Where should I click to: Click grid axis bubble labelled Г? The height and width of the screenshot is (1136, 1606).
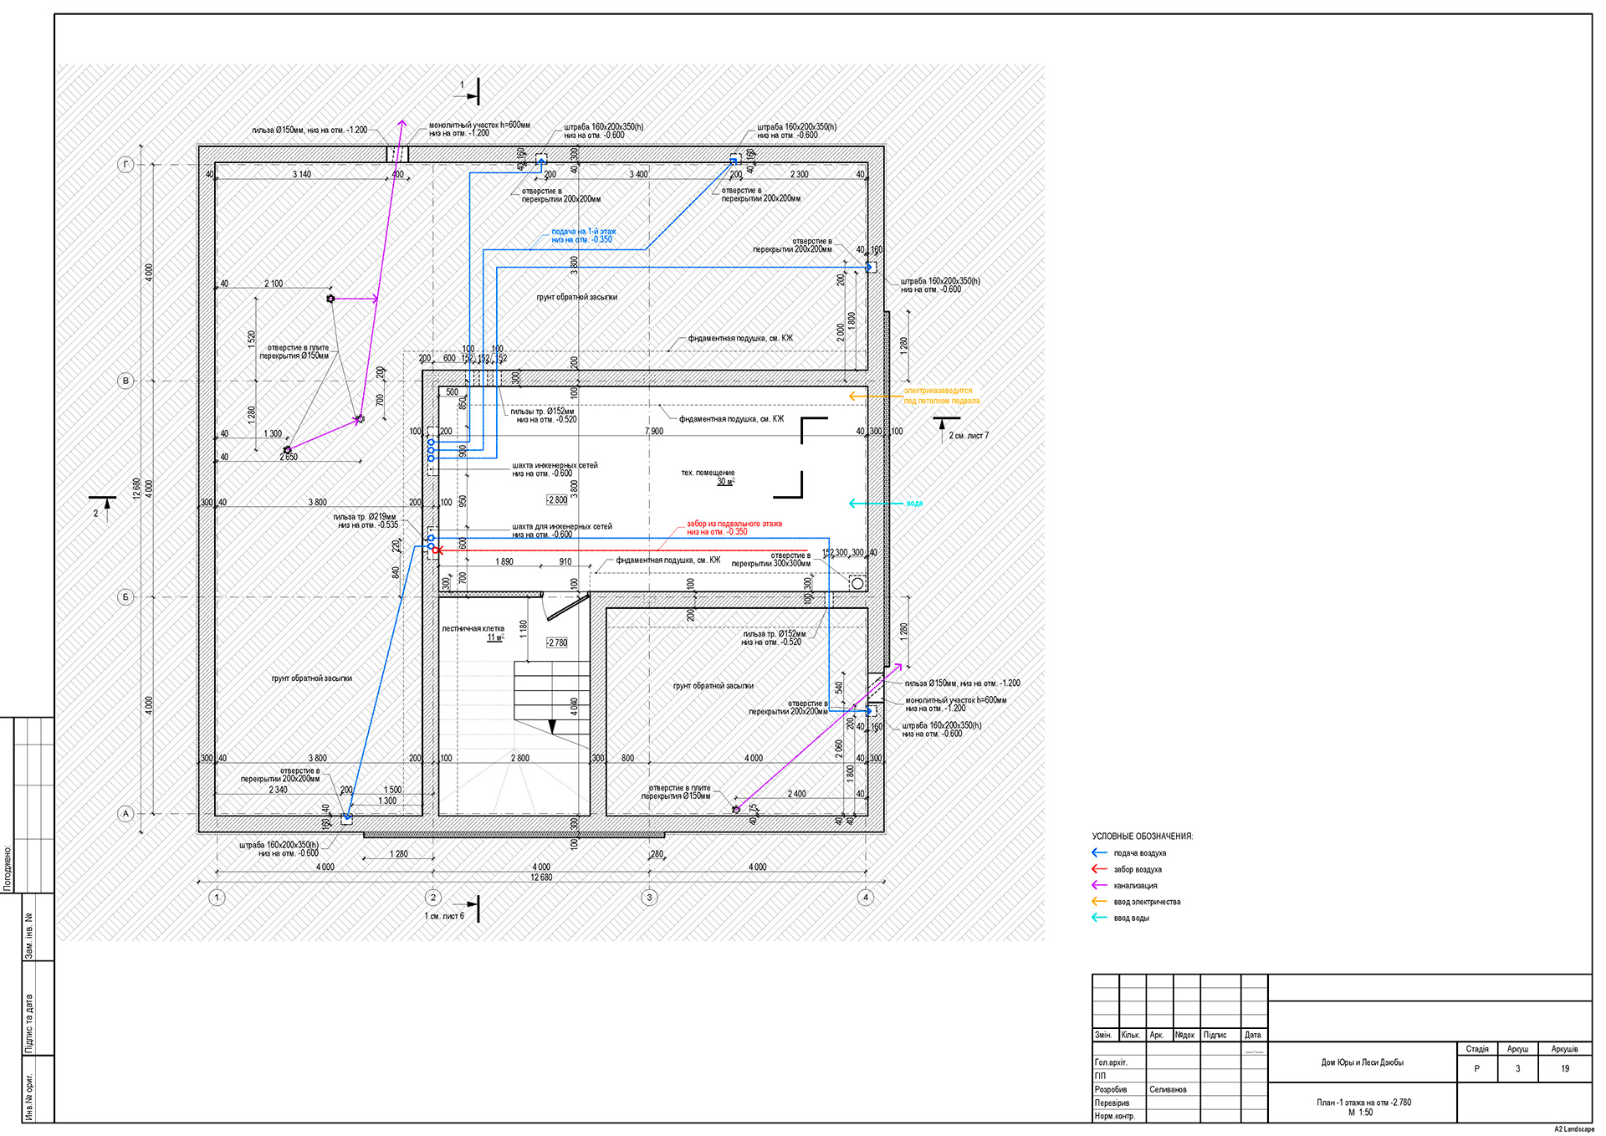pos(125,165)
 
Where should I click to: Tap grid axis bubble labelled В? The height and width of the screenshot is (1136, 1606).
pos(125,381)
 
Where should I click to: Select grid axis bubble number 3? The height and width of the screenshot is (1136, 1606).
pos(649,898)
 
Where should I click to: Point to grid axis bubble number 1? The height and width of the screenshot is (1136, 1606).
pos(217,898)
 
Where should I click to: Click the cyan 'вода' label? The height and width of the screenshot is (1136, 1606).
pos(914,504)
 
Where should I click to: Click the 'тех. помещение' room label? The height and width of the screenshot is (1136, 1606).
pos(708,473)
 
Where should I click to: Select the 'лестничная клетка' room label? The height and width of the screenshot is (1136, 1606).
pos(473,628)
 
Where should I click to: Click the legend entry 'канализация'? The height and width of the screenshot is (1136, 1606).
pos(1135,886)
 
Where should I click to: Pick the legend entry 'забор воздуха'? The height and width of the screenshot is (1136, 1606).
pos(1138,870)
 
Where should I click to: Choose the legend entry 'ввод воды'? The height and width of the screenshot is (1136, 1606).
pos(1131,919)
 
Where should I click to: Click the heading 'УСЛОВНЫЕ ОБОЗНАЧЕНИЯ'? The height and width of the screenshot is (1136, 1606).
pos(1142,837)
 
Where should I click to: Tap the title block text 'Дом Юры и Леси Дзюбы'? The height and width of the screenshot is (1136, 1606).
pos(1362,1062)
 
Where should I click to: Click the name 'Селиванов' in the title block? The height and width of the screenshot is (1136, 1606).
pos(1168,1089)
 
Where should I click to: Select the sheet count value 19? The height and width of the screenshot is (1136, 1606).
pos(1564,1068)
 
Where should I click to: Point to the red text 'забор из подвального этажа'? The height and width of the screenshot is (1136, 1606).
pos(734,524)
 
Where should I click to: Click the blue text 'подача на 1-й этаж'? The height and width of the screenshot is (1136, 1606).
pos(583,232)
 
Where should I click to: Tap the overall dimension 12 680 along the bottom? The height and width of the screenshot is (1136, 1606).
pos(541,878)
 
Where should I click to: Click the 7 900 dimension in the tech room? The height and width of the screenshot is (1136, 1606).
pos(654,432)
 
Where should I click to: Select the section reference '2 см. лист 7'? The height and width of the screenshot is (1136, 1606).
pos(968,436)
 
